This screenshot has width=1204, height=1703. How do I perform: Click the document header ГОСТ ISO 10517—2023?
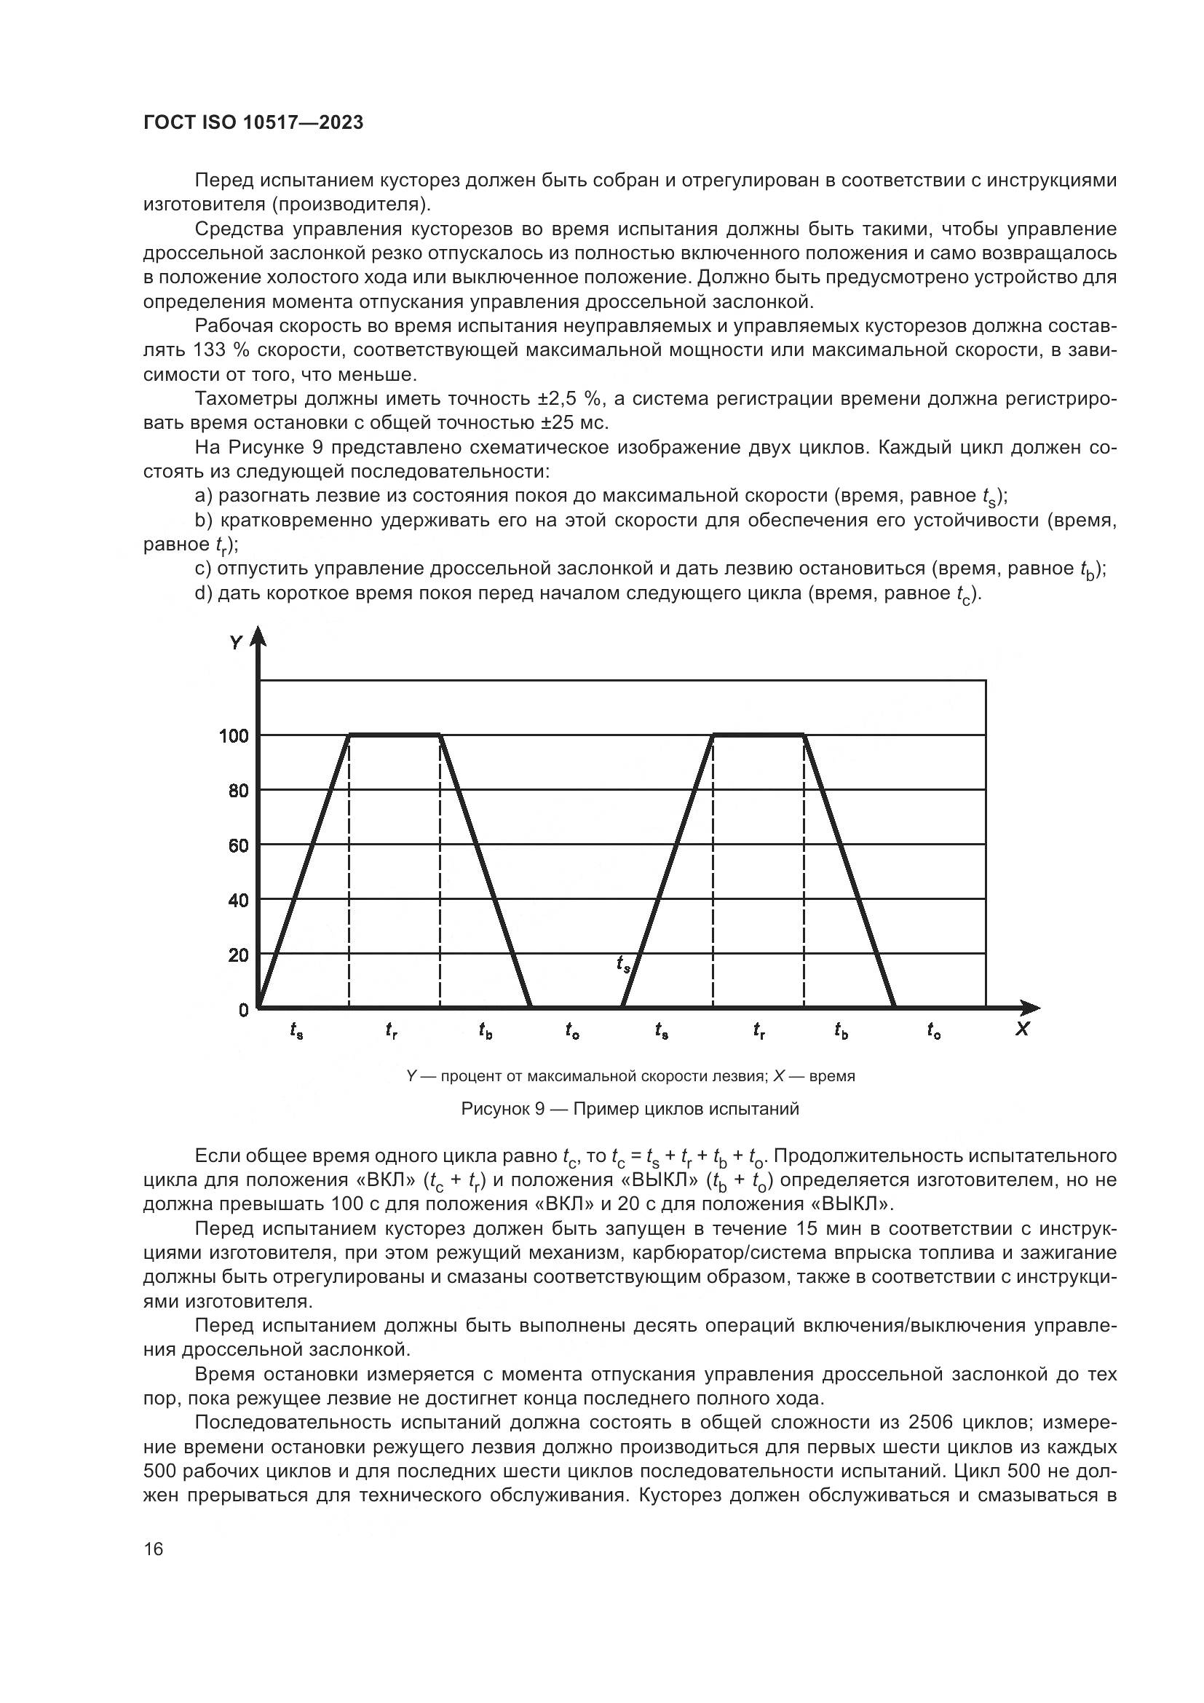[253, 123]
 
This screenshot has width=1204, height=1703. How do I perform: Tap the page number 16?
[154, 1549]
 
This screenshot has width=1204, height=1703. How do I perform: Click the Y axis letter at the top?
[236, 642]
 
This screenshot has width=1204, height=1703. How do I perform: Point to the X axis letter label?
[1022, 1030]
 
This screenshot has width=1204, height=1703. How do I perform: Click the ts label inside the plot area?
[624, 964]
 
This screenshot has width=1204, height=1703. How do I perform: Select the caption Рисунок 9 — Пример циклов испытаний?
[630, 1109]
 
